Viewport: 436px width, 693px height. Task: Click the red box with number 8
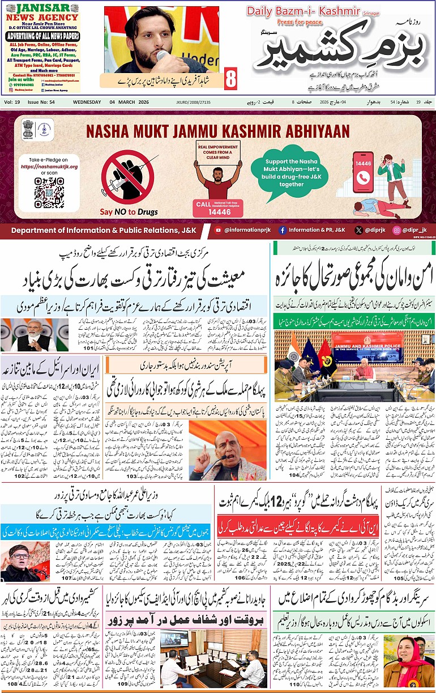pos(230,78)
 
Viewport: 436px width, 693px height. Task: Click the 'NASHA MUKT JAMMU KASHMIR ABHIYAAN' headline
pos(218,131)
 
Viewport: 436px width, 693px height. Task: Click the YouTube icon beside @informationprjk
pos(218,230)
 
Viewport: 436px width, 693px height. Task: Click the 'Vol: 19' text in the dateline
pos(12,101)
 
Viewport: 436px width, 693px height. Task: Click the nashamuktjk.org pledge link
pos(49,167)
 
